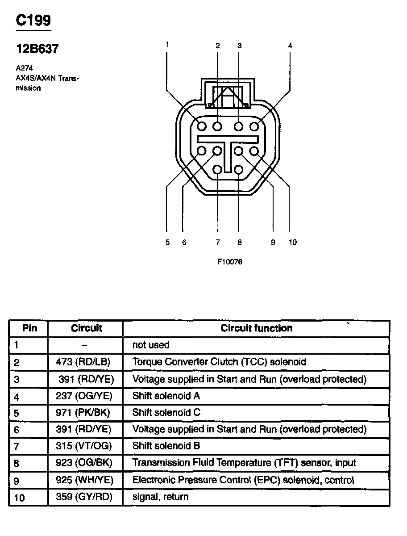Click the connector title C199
coord(33,20)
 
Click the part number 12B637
coord(37,49)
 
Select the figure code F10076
coord(230,262)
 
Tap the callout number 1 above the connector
coord(167,44)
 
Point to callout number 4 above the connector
coord(290,46)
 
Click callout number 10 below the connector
coord(292,242)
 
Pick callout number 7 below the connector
coord(218,242)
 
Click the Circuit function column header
coord(257,328)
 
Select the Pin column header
coord(29,328)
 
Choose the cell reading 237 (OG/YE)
coord(84,396)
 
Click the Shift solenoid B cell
coord(166,446)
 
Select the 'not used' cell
coord(151,345)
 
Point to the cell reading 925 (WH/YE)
coord(84,480)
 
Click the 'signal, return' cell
coord(160,497)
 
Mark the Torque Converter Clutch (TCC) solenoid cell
coord(219,362)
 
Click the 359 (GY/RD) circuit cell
coord(84,497)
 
